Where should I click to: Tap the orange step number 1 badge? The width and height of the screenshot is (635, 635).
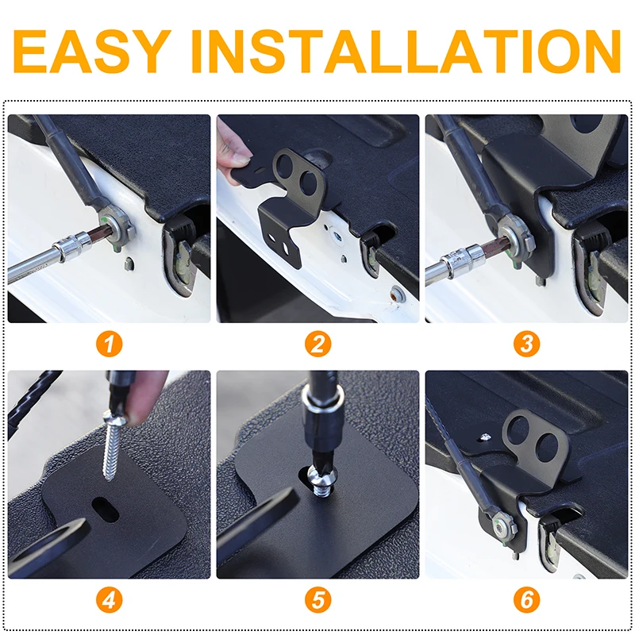click(x=110, y=344)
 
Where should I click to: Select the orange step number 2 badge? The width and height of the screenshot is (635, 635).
click(x=318, y=344)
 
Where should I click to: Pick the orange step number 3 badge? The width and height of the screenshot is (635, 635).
click(x=526, y=344)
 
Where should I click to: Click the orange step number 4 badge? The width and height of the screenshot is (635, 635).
click(x=110, y=599)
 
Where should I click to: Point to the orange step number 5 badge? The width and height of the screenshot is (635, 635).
click(x=318, y=599)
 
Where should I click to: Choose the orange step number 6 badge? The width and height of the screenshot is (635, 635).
click(x=526, y=599)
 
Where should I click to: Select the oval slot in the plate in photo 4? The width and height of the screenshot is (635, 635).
click(x=106, y=510)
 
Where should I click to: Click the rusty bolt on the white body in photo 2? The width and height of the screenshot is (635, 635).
click(x=396, y=293)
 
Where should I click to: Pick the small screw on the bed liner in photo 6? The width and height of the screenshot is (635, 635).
click(x=484, y=437)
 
